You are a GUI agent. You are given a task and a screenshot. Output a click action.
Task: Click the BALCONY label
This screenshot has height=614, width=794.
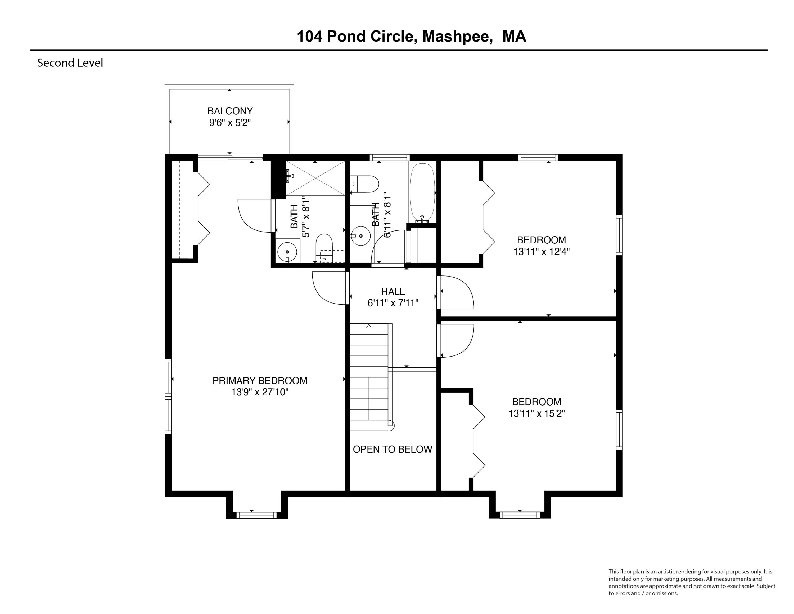click(x=230, y=111)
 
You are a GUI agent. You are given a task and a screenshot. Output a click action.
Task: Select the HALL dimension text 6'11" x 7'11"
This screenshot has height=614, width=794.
click(x=393, y=303)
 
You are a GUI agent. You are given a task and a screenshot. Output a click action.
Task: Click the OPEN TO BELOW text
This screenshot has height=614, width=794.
click(x=392, y=449)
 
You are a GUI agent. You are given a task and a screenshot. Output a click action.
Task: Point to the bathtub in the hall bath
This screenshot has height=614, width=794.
click(x=422, y=192)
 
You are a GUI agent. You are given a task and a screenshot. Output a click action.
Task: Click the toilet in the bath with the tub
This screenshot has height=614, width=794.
click(x=365, y=184)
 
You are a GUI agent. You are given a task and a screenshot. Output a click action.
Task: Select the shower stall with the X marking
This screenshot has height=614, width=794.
click(x=315, y=178)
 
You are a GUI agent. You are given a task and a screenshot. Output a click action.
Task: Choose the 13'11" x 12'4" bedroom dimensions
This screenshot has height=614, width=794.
click(x=541, y=252)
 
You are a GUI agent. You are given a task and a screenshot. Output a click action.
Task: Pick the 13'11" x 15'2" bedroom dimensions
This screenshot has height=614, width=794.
click(x=536, y=413)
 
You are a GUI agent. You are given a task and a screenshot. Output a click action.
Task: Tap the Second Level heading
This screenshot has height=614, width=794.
click(x=70, y=63)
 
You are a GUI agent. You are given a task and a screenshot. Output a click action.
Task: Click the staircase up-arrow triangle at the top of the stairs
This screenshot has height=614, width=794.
click(x=369, y=326)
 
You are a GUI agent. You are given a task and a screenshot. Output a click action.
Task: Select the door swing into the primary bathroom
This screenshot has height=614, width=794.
click(x=255, y=215)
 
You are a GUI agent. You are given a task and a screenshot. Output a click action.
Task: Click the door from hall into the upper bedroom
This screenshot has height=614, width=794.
click(x=456, y=293)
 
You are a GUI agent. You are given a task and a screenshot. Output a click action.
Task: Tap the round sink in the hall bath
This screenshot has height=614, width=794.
click(x=361, y=236)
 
